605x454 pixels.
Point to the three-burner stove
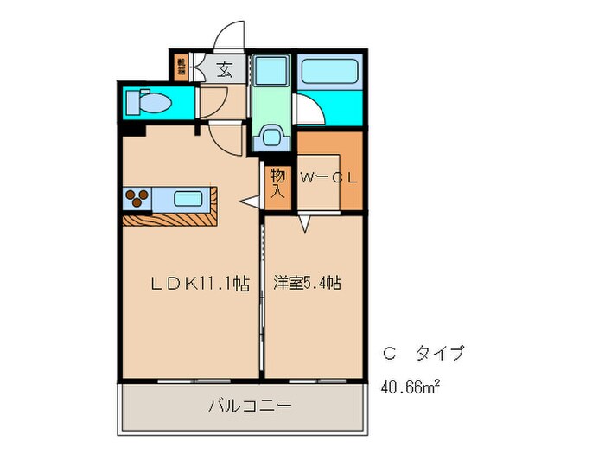pyautogui.click(x=137, y=198)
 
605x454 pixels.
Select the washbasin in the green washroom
pyautogui.click(x=272, y=137)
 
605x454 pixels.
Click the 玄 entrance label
pyautogui.click(x=224, y=70)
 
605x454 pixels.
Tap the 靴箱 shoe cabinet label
pyautogui.click(x=181, y=68)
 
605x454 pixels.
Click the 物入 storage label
pyautogui.click(x=277, y=182)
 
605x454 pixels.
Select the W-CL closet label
pyautogui.click(x=329, y=179)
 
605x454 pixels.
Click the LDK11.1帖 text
pyautogui.click(x=201, y=282)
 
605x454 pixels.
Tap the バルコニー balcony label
pyautogui.click(x=250, y=405)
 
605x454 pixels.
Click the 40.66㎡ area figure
pyautogui.click(x=411, y=386)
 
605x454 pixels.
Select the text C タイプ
pyautogui.click(x=423, y=353)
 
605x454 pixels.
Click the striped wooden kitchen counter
pyautogui.click(x=170, y=219)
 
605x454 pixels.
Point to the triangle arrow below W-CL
pyautogui.click(x=305, y=225)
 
